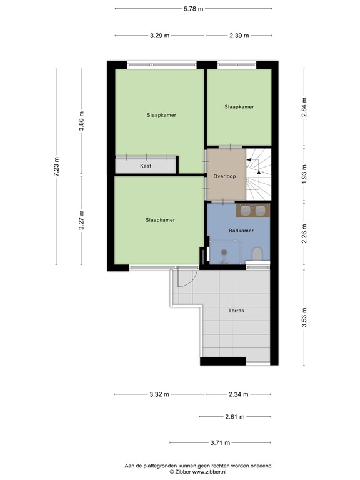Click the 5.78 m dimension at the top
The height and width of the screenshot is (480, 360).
(193, 8)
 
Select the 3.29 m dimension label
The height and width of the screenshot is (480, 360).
(160, 36)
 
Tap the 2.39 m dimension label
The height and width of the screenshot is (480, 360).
(239, 36)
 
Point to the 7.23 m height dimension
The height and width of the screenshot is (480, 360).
(56, 167)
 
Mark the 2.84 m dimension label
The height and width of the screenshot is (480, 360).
(304, 103)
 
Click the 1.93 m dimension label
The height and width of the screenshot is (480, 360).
(304, 172)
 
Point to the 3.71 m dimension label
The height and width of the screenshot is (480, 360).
(219, 442)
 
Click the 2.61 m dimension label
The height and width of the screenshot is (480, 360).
(234, 417)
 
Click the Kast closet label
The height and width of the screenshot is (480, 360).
(146, 166)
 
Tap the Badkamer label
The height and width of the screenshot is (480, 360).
(241, 231)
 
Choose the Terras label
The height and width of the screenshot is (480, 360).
(236, 311)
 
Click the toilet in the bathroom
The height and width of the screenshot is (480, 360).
(256, 253)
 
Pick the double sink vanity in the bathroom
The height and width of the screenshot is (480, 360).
(252, 210)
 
